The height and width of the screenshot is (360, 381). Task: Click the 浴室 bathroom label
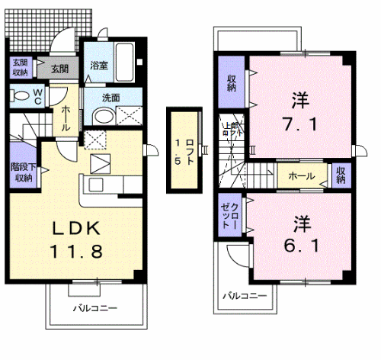coord(98,65)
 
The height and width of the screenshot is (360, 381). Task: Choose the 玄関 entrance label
coord(59,69)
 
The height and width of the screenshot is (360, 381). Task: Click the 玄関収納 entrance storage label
coord(19,68)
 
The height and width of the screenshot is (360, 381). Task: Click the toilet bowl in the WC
coord(18,96)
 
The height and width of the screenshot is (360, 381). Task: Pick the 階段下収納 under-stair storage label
coord(21,172)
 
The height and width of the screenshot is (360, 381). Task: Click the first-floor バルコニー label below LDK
coord(95,309)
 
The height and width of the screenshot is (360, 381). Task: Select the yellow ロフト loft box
coord(183,149)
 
